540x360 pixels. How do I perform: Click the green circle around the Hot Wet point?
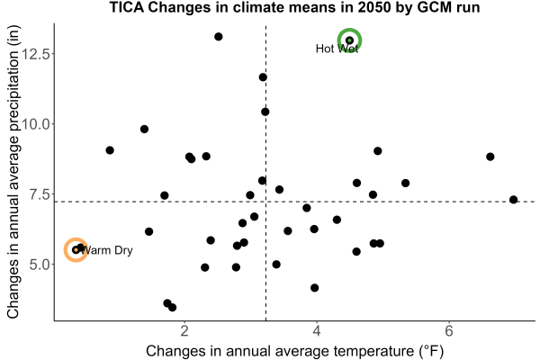(x=349, y=30)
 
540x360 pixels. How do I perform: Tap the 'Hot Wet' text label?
(x=337, y=49)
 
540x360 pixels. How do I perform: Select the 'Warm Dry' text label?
(x=107, y=250)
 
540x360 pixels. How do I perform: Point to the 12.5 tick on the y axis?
(x=36, y=54)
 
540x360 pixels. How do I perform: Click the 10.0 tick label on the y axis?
(x=36, y=124)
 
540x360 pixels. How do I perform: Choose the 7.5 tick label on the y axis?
(x=40, y=194)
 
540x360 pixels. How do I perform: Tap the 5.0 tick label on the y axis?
(x=40, y=265)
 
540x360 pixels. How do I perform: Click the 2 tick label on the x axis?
(x=184, y=330)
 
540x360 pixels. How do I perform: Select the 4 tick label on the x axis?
(x=317, y=330)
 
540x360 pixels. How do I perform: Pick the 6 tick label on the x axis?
(x=449, y=330)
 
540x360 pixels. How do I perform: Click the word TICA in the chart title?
(x=127, y=7)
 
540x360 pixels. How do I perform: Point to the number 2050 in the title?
(x=375, y=7)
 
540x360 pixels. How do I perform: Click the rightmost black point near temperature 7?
(x=514, y=200)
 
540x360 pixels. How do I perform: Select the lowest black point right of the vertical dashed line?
(x=314, y=288)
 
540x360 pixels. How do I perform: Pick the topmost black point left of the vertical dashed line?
(x=219, y=37)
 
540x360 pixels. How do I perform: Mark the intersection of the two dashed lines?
(x=265, y=202)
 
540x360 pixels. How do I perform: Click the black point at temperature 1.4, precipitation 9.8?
(x=144, y=130)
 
